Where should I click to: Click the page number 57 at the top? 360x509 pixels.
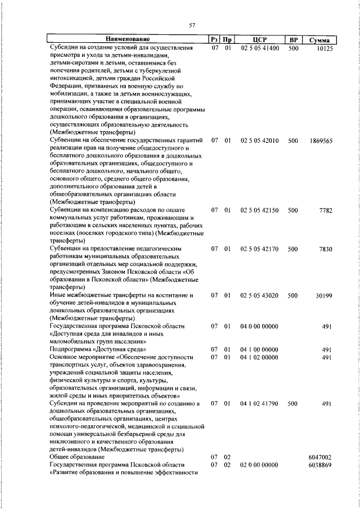click(192, 25)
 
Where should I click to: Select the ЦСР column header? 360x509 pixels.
click(259, 39)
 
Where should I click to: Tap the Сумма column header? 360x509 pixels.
click(319, 40)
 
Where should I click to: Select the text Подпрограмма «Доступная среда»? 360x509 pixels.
click(93, 349)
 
